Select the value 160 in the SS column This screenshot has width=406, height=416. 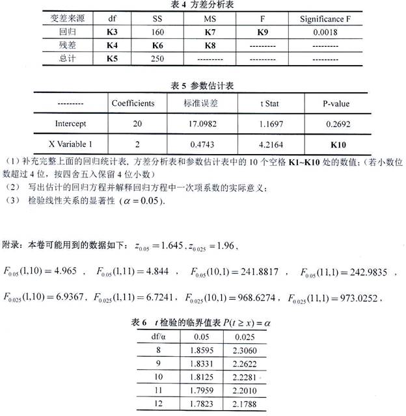158,32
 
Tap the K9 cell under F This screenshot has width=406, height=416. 262,32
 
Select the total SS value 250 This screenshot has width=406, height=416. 158,59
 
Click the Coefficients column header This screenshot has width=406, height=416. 133,103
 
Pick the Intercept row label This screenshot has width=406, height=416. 71,122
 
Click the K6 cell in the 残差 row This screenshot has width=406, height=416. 158,45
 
